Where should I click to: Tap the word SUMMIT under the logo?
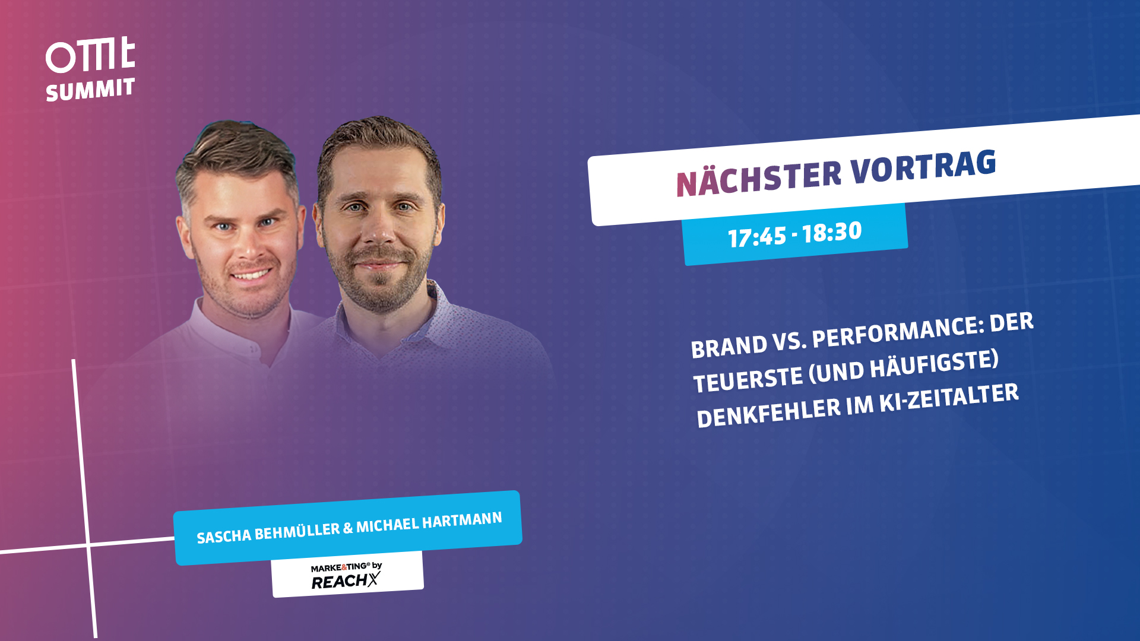coord(90,90)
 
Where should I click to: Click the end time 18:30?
coord(832,231)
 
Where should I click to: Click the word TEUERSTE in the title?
coord(748,380)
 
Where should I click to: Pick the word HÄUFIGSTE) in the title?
coord(935,364)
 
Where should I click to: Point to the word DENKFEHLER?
coord(768,412)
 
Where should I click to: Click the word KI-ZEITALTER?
coord(949,398)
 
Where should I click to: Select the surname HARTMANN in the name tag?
coord(462,521)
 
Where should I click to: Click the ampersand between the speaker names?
coord(348,528)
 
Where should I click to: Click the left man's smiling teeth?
coord(250,275)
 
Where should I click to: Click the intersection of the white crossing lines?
coord(88,544)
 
